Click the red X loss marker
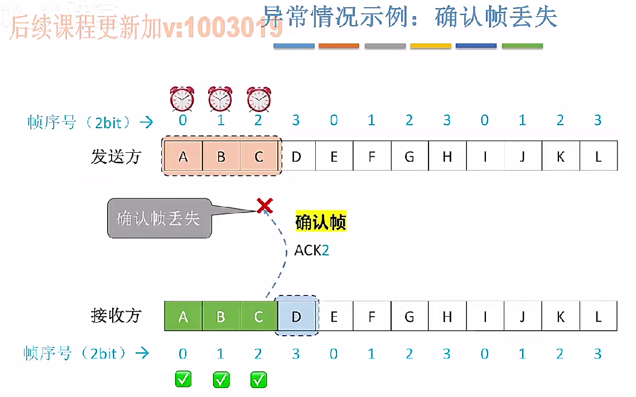coord(264,206)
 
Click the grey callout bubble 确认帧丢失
coord(158,219)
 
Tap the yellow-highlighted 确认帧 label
coord(321,222)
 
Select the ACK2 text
coord(312,251)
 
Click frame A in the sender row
coord(183,157)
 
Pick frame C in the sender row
coord(259,157)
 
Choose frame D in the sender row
coord(296,157)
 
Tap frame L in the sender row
coord(598,157)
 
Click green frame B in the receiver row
coord(221,317)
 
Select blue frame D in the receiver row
coord(296,317)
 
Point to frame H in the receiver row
coord(447,317)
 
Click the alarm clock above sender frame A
coord(182,99)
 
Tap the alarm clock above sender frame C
coord(258,99)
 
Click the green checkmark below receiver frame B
coord(221,380)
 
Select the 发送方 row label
coord(116,157)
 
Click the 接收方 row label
coord(116,316)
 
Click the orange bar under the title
coord(339,46)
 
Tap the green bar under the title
coord(522,46)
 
